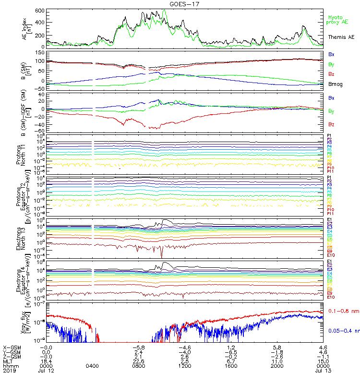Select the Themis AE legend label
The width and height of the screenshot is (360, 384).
(x=341, y=37)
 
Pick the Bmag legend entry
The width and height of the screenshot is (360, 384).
(x=335, y=84)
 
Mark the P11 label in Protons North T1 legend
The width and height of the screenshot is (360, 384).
(x=330, y=171)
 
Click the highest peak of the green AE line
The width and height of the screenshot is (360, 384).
(x=164, y=10)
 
